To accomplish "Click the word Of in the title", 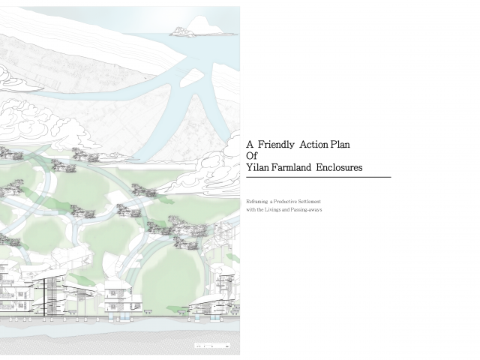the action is tap(252, 156).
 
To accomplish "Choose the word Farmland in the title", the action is tap(291, 168).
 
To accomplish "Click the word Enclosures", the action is tap(339, 168).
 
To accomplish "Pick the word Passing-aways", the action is tap(307, 209).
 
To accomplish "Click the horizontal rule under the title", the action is tap(318, 177).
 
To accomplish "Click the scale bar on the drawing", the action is tap(212, 345).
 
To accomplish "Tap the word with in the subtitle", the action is tap(250, 209).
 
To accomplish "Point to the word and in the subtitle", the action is tap(289, 209).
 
